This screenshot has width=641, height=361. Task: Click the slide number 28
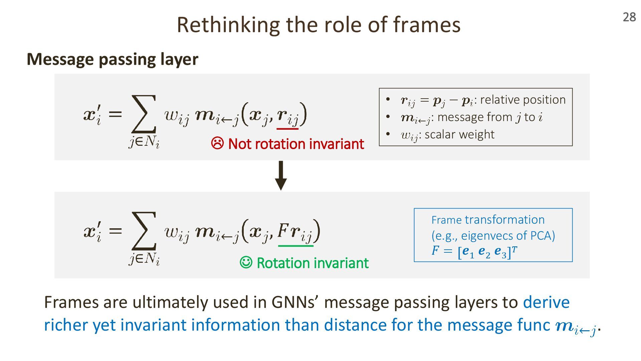[x=629, y=17]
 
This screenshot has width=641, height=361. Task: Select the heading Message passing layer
[x=113, y=59]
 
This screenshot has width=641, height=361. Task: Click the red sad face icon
[x=217, y=143]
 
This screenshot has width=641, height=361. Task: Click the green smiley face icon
[x=246, y=262]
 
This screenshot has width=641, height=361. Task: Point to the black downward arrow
[x=281, y=175]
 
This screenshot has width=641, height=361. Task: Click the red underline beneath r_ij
[x=287, y=128]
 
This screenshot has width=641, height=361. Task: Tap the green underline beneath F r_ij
[x=295, y=246]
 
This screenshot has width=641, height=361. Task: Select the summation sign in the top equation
[x=144, y=114]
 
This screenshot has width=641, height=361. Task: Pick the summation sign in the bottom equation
[x=144, y=231]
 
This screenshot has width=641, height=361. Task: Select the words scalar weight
[x=459, y=134]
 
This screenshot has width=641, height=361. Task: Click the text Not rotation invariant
[x=296, y=144]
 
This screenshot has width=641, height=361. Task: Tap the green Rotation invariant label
[x=312, y=263]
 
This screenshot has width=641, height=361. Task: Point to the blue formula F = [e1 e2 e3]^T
[x=474, y=251]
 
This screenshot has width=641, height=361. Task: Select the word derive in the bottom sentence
[x=546, y=302]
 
